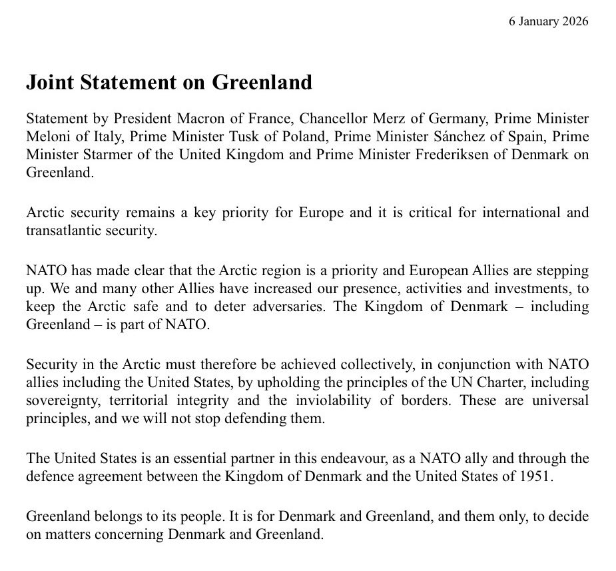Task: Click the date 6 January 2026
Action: (549, 21)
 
